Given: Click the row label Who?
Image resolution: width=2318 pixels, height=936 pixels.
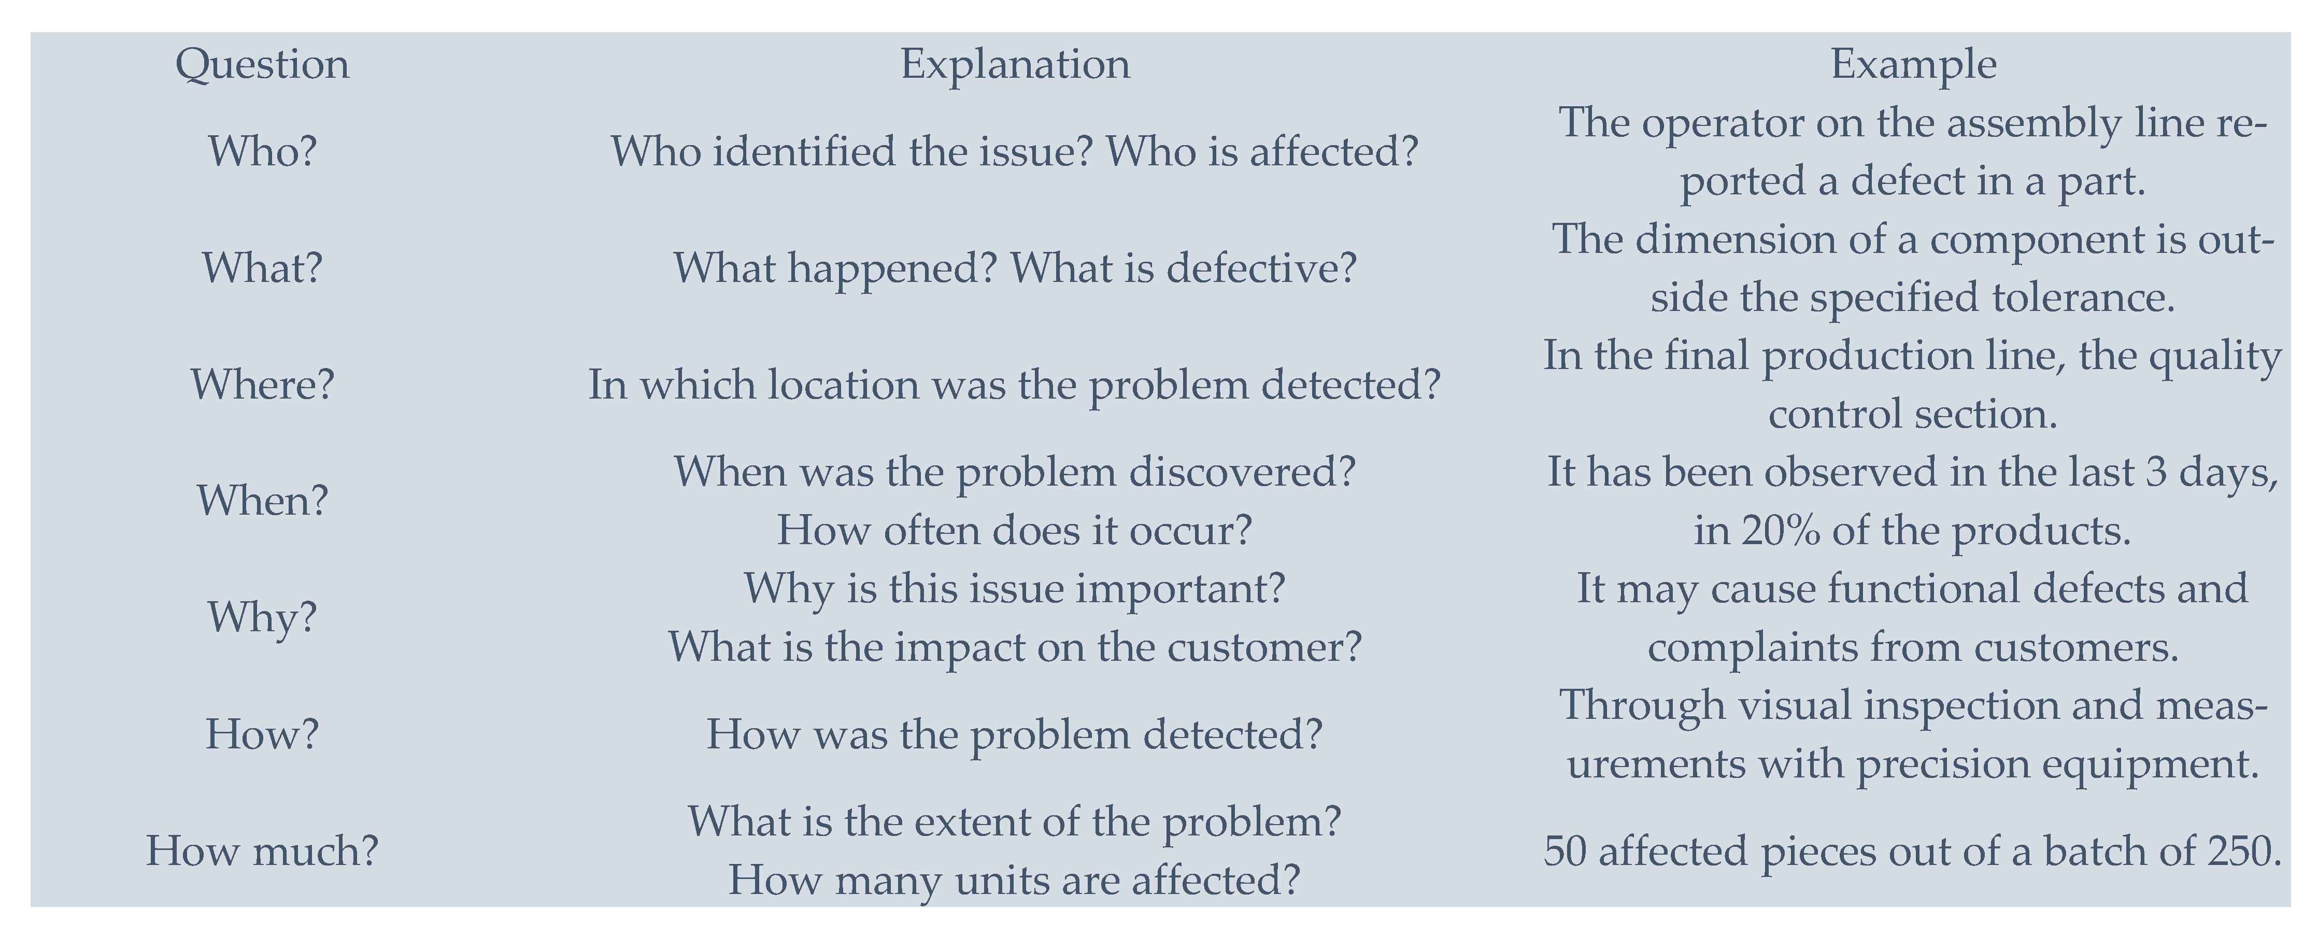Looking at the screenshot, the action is [262, 151].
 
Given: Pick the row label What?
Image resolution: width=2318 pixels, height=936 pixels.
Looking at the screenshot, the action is [262, 268].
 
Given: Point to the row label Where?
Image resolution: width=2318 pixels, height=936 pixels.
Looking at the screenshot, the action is [262, 385].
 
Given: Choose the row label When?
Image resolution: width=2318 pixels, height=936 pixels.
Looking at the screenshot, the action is [262, 501].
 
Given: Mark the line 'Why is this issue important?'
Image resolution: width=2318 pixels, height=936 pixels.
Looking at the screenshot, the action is [1015, 589].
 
